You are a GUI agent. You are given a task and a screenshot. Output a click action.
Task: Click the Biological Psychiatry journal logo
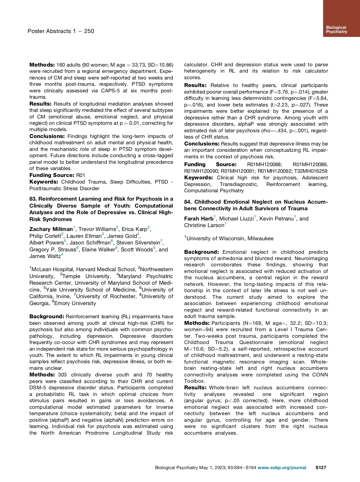(336, 29)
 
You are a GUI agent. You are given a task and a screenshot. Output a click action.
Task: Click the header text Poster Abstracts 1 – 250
(61, 31)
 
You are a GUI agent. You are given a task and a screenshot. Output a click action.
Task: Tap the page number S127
(320, 467)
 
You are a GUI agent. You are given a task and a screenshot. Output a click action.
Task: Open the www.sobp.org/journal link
(282, 467)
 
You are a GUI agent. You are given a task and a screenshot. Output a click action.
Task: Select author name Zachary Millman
(51, 229)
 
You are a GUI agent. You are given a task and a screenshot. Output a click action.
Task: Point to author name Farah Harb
(199, 219)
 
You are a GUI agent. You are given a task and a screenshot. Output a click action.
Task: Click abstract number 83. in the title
(33, 199)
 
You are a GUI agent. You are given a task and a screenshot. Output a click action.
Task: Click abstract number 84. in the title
(188, 202)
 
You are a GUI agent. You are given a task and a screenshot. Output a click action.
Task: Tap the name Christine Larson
(204, 225)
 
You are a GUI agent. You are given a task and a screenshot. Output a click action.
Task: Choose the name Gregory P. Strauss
(52, 250)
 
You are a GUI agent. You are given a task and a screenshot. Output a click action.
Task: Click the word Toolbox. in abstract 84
(195, 381)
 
